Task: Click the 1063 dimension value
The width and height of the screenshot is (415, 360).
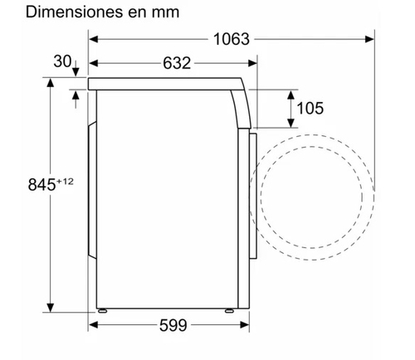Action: click(232, 39)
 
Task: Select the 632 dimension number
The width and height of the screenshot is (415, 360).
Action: click(177, 63)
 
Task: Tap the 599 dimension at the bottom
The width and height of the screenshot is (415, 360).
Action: click(173, 325)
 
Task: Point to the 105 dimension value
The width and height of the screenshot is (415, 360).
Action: click(310, 108)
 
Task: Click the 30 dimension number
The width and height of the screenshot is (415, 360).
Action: click(62, 61)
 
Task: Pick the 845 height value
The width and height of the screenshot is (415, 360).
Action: click(41, 184)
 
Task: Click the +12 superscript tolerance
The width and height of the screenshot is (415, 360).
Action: click(65, 182)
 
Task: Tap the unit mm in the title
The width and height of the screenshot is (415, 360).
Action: click(166, 13)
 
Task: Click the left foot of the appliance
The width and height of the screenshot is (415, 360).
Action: click(102, 311)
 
